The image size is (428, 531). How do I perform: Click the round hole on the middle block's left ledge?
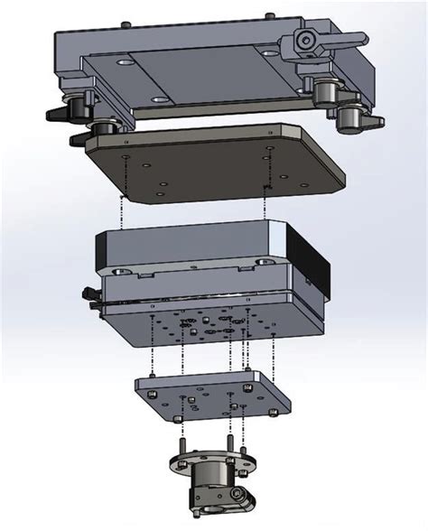[x=120, y=268]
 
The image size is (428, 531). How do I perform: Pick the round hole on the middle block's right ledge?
[x=262, y=260]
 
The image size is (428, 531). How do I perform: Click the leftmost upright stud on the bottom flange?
[x=181, y=448]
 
